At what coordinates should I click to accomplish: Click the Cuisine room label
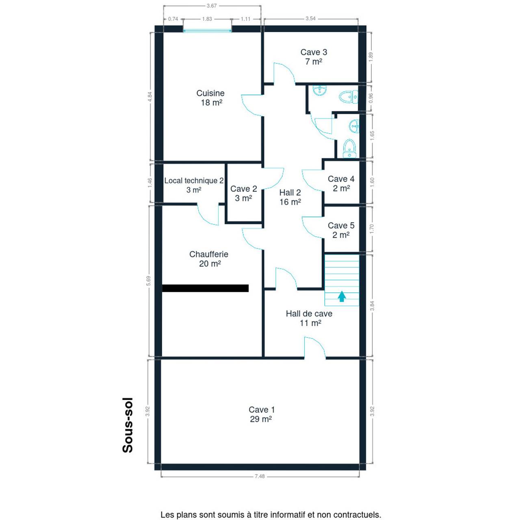(x=210, y=93)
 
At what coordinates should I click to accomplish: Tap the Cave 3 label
(x=314, y=52)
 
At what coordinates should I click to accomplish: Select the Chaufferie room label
(x=208, y=254)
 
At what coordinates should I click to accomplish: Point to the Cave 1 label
(x=262, y=409)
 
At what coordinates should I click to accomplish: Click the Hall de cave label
(x=309, y=314)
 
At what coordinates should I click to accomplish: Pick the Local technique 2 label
(x=194, y=180)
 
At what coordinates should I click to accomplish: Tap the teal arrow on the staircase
(x=342, y=296)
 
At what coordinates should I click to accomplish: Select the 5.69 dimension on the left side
(x=149, y=282)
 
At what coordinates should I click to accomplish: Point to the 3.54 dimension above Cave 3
(x=311, y=19)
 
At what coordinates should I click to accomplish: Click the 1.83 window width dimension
(x=207, y=19)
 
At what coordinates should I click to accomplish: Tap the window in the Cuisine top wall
(x=207, y=31)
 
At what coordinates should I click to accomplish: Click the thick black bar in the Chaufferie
(x=205, y=288)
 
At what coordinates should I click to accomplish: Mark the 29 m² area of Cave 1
(x=261, y=419)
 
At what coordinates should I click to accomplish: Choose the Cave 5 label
(x=341, y=225)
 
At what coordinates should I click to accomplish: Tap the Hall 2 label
(x=290, y=193)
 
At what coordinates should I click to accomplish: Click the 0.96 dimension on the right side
(x=370, y=98)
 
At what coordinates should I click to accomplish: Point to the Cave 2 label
(x=243, y=188)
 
